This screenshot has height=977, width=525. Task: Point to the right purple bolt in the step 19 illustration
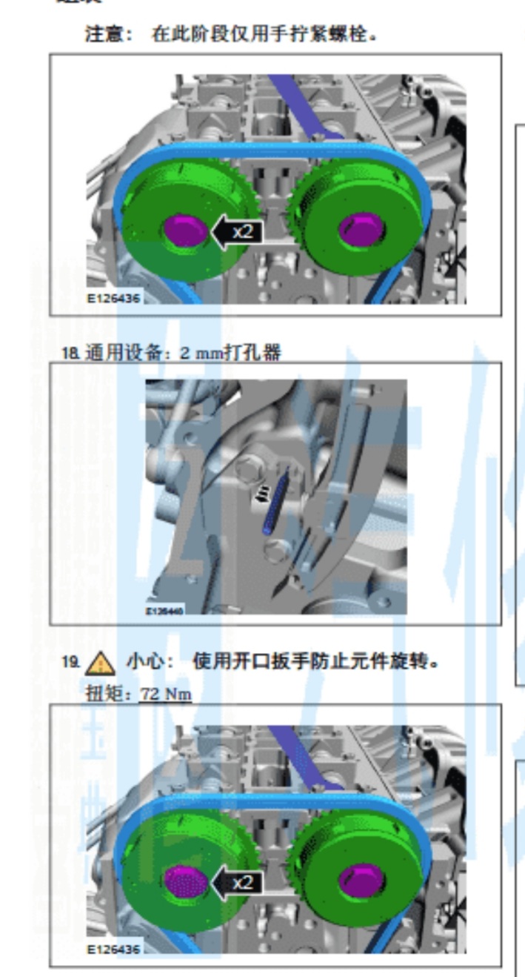click(361, 881)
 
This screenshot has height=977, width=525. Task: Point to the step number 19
click(70, 663)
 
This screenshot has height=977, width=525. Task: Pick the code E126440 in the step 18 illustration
click(164, 612)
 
